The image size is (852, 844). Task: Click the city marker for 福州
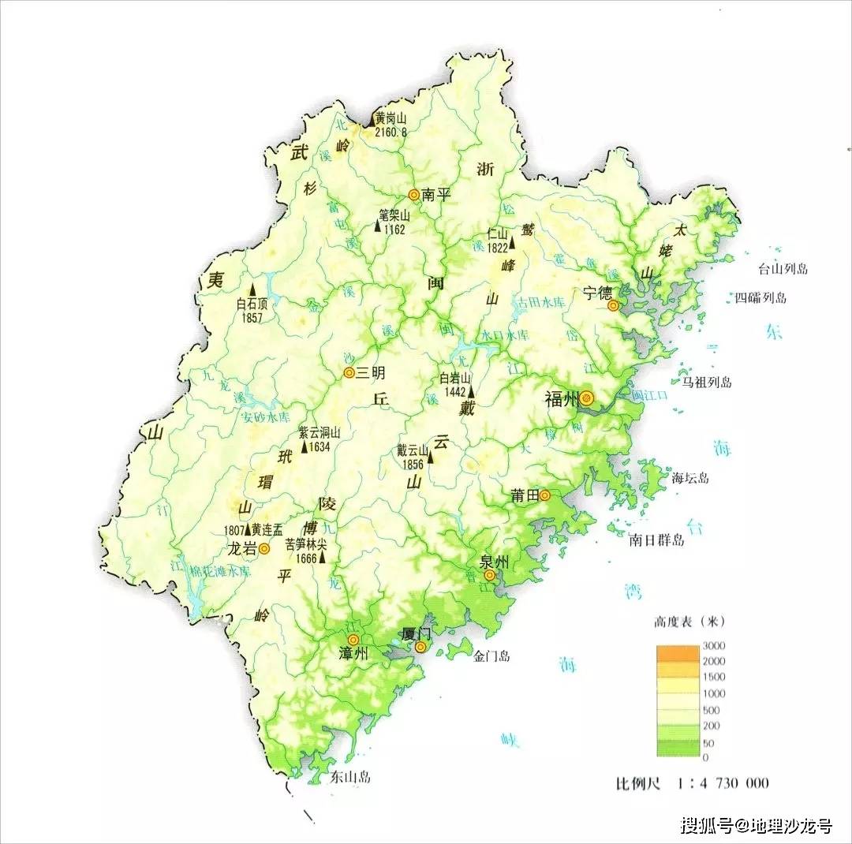(586, 400)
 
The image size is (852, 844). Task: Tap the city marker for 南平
(413, 194)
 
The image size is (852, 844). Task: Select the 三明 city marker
(349, 373)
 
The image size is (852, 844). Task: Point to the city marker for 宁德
(613, 304)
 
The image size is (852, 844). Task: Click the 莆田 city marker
(544, 495)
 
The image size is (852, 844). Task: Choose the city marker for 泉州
(490, 575)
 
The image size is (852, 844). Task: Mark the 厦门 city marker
(421, 647)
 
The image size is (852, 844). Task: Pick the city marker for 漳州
(353, 638)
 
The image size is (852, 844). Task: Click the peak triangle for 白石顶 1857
(253, 289)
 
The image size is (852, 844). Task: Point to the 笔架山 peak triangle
(378, 227)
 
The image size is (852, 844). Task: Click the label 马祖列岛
(707, 383)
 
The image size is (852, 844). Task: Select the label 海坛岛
(691, 477)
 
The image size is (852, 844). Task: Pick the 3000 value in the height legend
(715, 646)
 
